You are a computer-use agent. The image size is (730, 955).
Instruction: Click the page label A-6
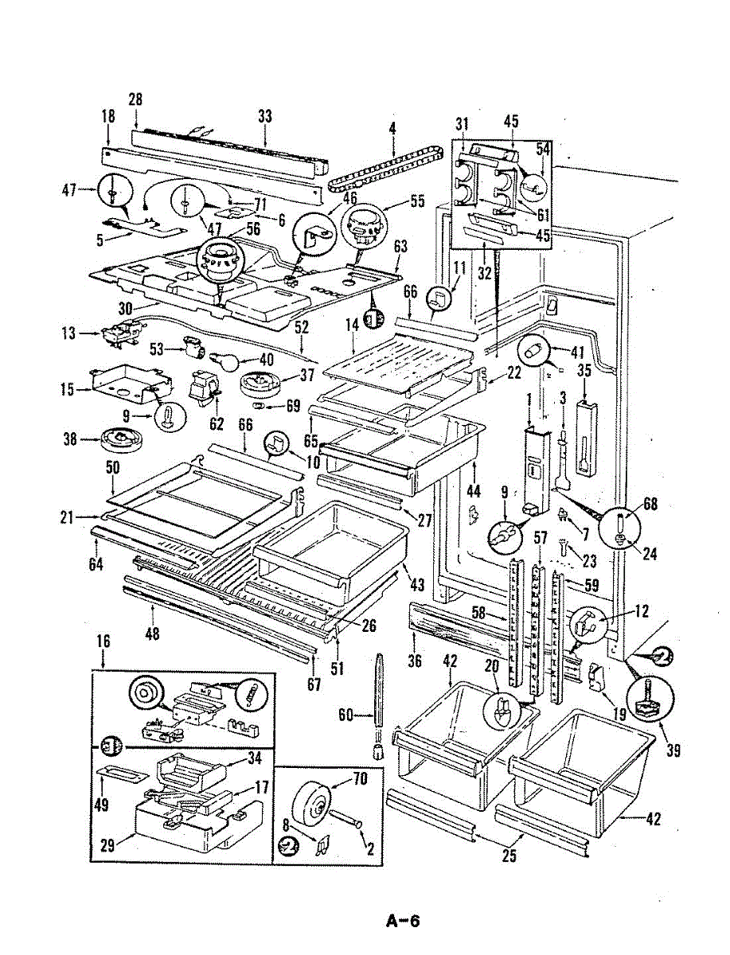402,922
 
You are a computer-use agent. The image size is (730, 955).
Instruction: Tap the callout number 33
264,116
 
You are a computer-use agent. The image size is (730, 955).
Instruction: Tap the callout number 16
103,642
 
